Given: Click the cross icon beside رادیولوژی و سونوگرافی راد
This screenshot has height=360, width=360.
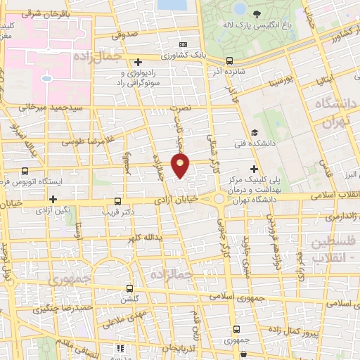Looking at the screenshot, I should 139,63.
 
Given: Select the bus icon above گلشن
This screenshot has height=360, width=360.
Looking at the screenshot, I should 129,288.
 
